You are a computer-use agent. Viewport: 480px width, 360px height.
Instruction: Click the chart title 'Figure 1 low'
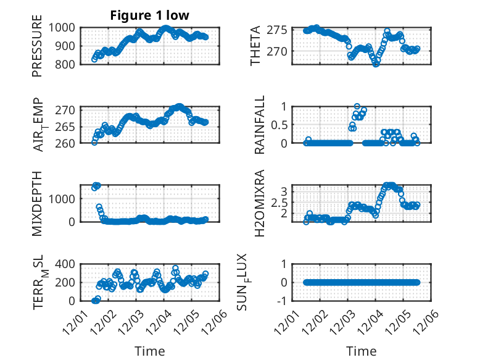coord(149,15)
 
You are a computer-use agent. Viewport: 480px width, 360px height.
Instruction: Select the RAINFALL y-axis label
coord(259,125)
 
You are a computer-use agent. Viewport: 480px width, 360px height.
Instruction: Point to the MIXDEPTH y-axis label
coord(38,203)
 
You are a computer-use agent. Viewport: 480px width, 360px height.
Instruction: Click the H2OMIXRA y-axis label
coord(259,203)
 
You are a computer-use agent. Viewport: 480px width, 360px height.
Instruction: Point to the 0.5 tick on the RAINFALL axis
coord(279,125)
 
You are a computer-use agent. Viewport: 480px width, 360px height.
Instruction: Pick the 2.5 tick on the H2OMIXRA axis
coord(279,203)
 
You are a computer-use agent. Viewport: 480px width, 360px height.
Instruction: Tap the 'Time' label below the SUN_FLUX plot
coord(362,351)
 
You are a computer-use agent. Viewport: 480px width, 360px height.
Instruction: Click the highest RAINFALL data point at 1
coord(357,106)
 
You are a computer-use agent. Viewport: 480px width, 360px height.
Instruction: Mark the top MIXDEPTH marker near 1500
coord(96,185)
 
